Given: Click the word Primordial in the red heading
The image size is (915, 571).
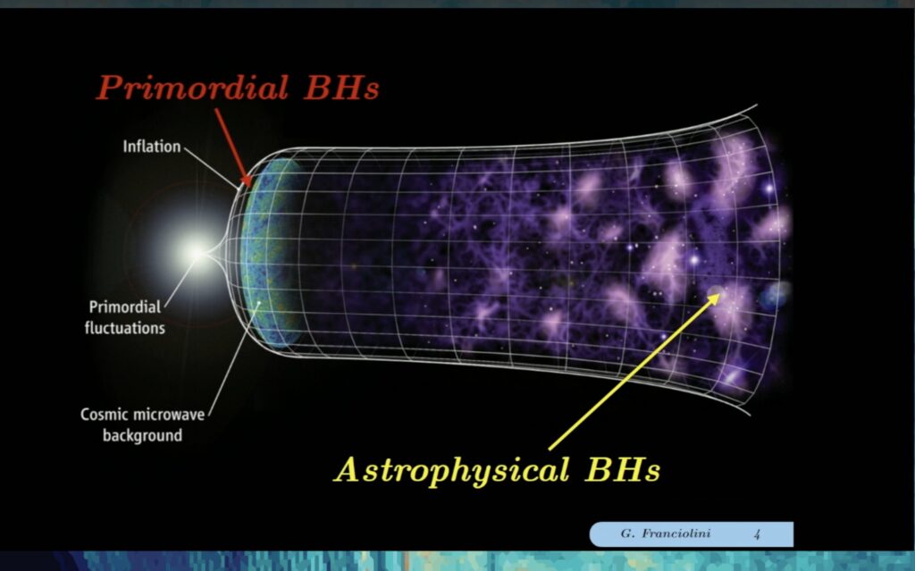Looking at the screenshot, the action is click(x=192, y=88).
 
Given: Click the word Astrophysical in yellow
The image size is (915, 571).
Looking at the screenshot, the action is click(x=451, y=469).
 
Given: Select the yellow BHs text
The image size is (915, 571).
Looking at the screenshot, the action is click(x=623, y=469).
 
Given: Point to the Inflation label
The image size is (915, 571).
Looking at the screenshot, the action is click(x=152, y=146).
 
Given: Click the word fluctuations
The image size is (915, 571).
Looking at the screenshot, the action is click(x=125, y=328).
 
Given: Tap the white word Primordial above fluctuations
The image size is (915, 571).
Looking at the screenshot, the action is click(x=125, y=306).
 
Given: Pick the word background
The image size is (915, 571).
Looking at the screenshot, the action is click(x=142, y=435).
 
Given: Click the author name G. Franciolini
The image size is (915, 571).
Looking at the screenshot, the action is click(x=665, y=533).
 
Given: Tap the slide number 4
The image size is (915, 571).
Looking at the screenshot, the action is click(x=757, y=534).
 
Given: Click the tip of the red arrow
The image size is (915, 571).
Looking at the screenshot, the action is click(x=251, y=187).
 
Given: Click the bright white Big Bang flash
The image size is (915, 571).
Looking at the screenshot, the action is click(x=197, y=253).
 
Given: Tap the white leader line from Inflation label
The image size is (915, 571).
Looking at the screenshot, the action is click(x=212, y=168).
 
